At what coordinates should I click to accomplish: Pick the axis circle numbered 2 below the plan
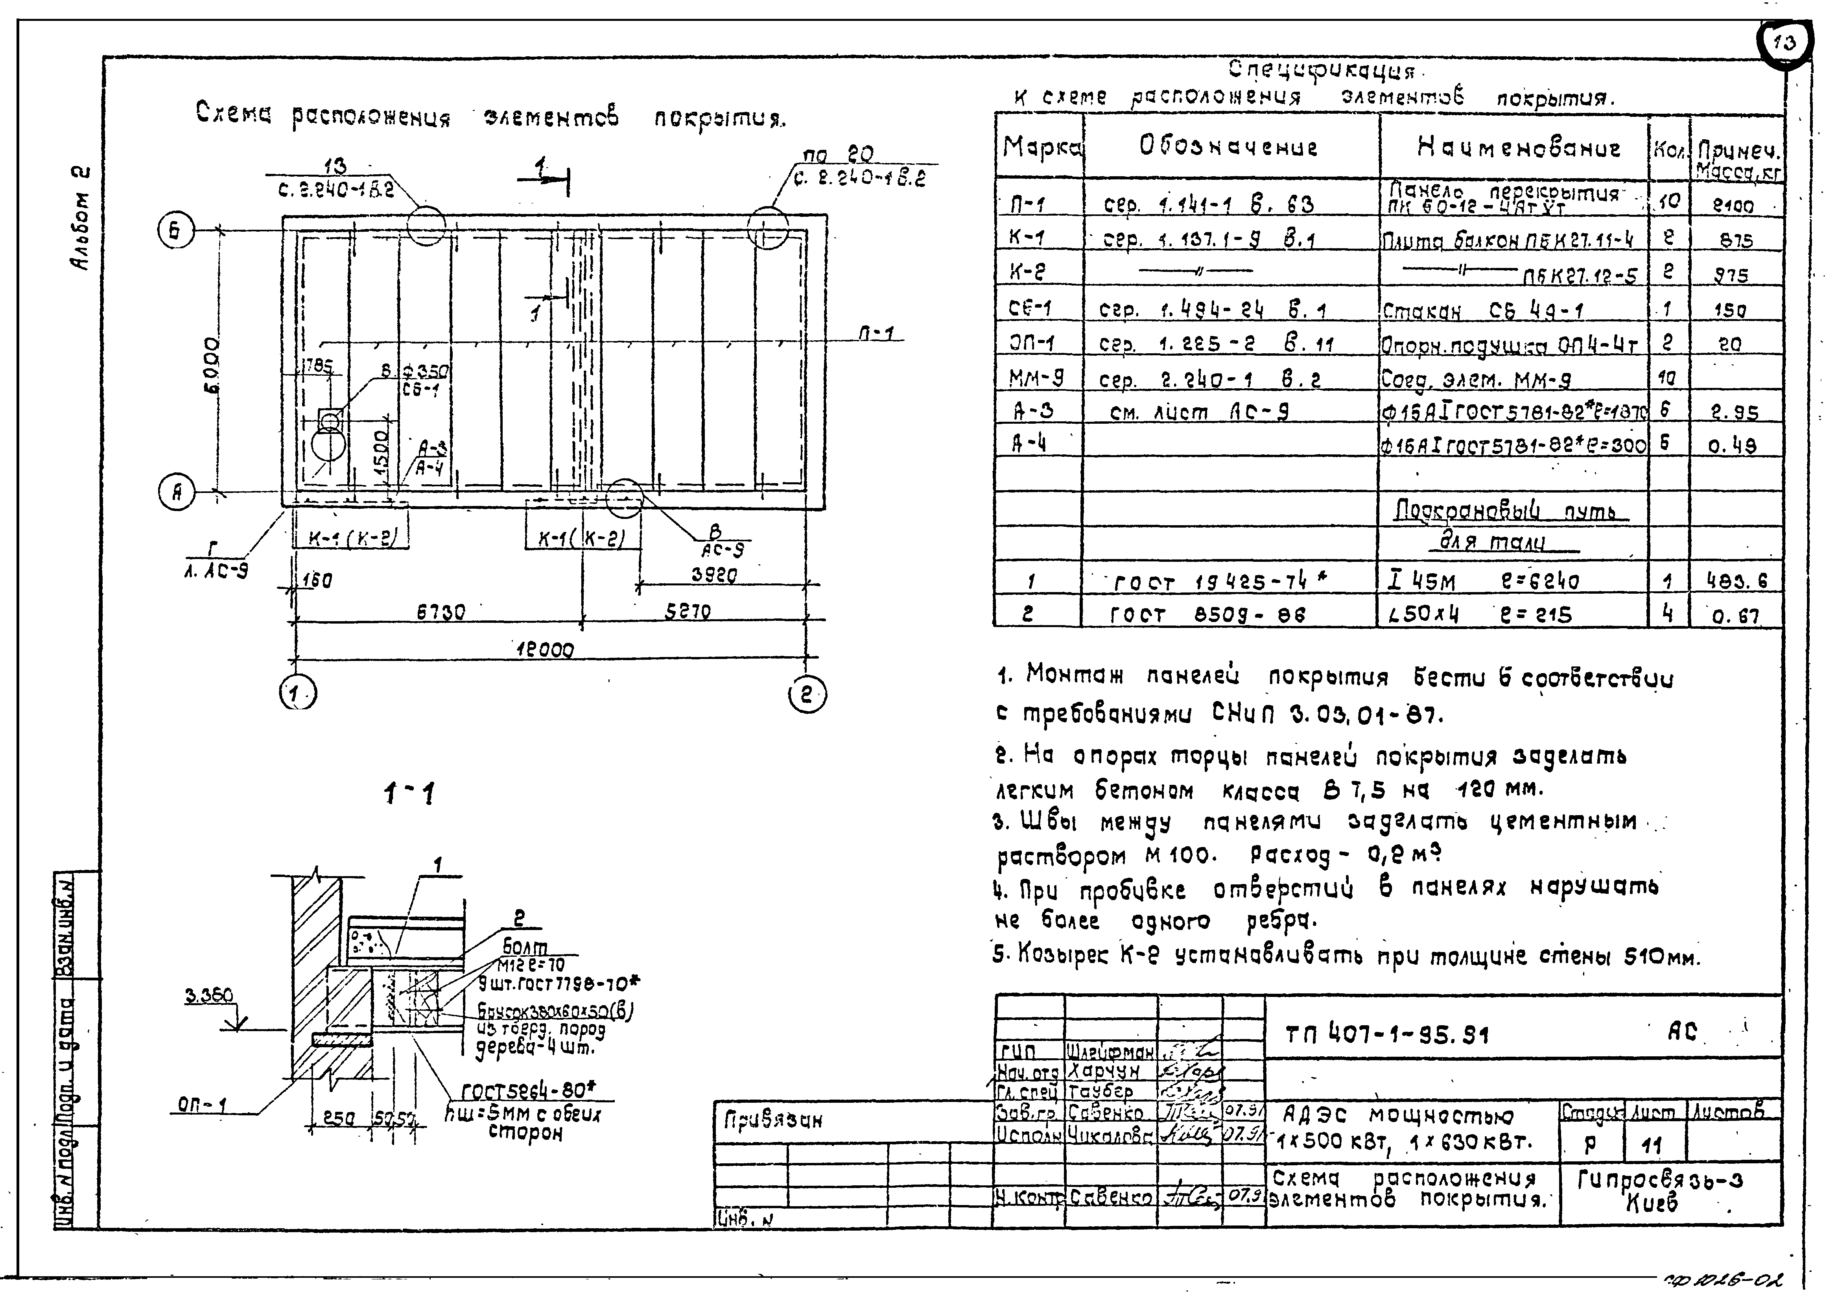click(807, 694)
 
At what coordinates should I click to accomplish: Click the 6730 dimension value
click(440, 612)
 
